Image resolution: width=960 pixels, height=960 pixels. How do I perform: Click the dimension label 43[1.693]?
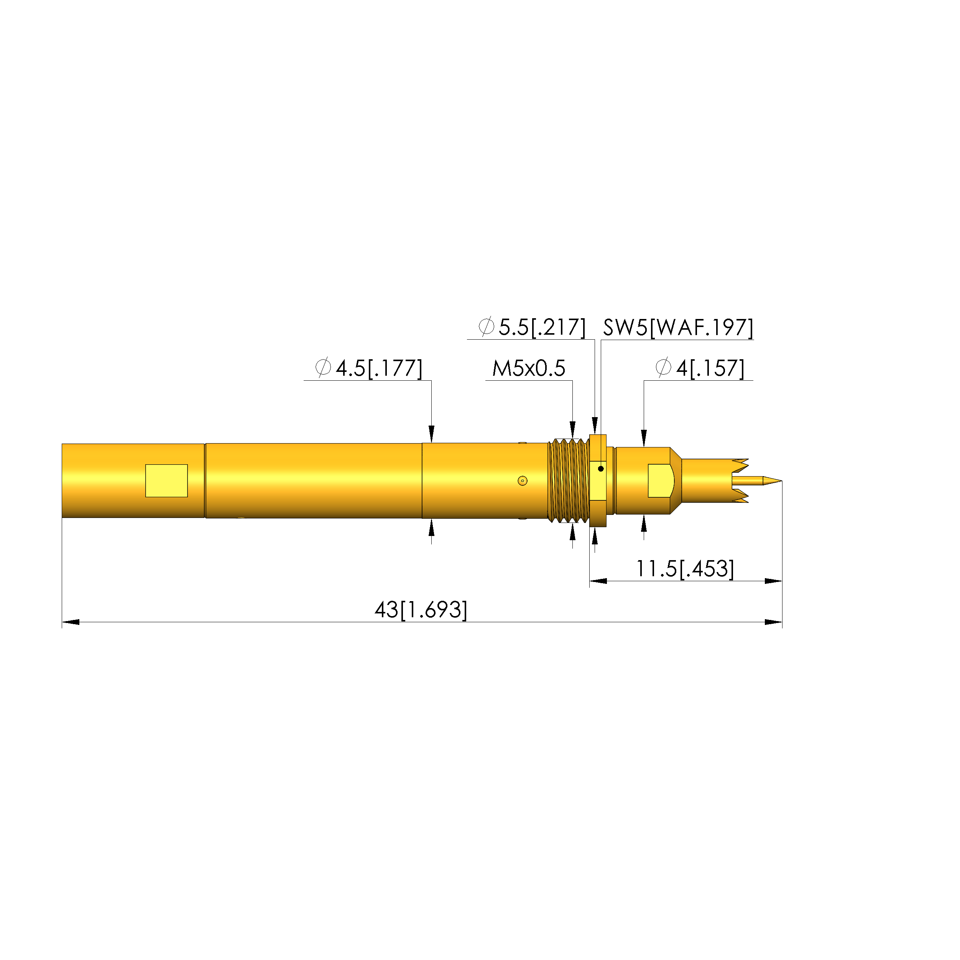click(421, 610)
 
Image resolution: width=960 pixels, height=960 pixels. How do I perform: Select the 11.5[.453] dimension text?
click(685, 569)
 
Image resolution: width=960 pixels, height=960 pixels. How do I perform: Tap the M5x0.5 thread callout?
click(529, 368)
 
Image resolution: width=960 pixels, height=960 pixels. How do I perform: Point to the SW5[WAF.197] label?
click(678, 327)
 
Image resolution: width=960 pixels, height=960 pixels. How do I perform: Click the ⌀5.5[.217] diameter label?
click(532, 327)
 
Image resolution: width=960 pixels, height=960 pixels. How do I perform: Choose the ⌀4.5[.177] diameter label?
click(369, 368)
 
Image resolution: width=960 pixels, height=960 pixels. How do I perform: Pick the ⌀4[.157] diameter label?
click(700, 368)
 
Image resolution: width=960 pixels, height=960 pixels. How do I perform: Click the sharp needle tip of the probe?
click(781, 480)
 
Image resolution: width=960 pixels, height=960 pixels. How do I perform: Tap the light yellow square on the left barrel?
click(166, 480)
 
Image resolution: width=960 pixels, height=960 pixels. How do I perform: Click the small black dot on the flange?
click(601, 468)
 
